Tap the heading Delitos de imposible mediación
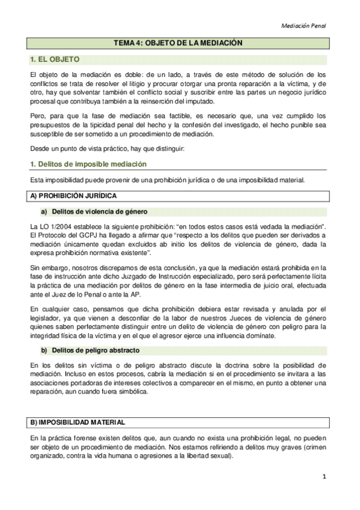[88, 164]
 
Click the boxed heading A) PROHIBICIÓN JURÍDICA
[74, 196]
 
